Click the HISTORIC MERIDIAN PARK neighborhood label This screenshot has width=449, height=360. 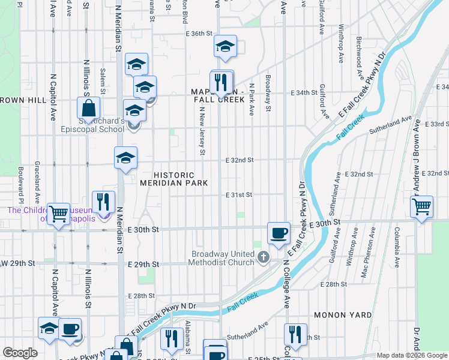pyautogui.click(x=174, y=178)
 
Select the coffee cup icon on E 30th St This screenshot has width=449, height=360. pyautogui.click(x=278, y=232)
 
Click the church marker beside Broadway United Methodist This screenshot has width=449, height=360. pyautogui.click(x=263, y=257)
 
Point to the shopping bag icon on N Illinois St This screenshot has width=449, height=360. pyautogui.click(x=88, y=109)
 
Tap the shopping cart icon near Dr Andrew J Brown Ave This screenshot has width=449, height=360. pyautogui.click(x=421, y=206)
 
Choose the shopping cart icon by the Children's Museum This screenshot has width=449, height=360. pyautogui.click(x=58, y=213)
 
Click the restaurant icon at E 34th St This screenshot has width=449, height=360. pyautogui.click(x=221, y=81)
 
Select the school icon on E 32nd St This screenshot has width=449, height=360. pyautogui.click(x=125, y=158)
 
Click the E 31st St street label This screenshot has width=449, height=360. pyautogui.click(x=239, y=195)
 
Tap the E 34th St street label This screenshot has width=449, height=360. pyautogui.click(x=304, y=93)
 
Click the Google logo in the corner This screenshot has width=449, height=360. pyautogui.click(x=20, y=353)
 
